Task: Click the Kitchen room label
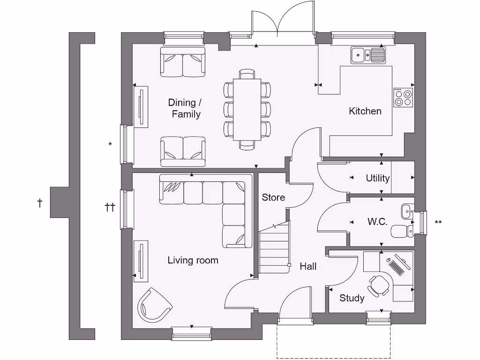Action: pyautogui.click(x=365, y=111)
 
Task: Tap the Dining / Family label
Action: pyautogui.click(x=185, y=108)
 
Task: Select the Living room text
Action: pyautogui.click(x=193, y=260)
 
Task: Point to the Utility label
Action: pyautogui.click(x=377, y=178)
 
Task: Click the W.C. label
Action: pyautogui.click(x=377, y=222)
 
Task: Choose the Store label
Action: pyautogui.click(x=273, y=197)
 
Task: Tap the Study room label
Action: pyautogui.click(x=352, y=298)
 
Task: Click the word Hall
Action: pyautogui.click(x=308, y=266)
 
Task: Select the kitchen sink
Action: pyautogui.click(x=368, y=55)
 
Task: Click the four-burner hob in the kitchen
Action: pyautogui.click(x=403, y=97)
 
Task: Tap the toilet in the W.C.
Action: pyautogui.click(x=401, y=230)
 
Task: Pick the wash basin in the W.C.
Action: pyautogui.click(x=406, y=211)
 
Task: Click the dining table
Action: pyautogui.click(x=247, y=109)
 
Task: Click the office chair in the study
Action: pyautogui.click(x=378, y=285)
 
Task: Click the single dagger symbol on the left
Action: pyautogui.click(x=40, y=203)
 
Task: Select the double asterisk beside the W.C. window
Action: pyautogui.click(x=438, y=223)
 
